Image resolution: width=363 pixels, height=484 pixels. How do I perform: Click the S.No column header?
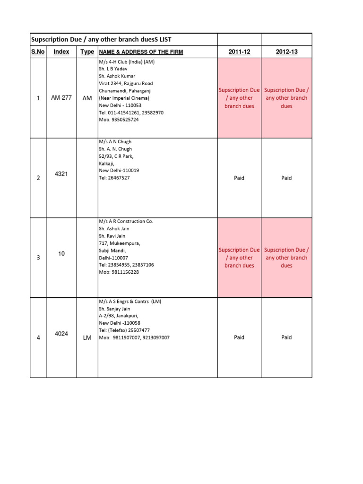pyautogui.click(x=38, y=52)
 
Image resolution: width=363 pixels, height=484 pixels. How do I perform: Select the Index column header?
pyautogui.click(x=61, y=52)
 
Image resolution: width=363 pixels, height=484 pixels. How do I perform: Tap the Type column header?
pyautogui.click(x=87, y=52)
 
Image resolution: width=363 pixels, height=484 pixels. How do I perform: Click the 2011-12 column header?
pyautogui.click(x=239, y=52)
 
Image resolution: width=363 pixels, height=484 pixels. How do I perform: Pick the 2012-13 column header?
pyautogui.click(x=286, y=52)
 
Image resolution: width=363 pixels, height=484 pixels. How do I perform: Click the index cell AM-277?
pyautogui.click(x=61, y=98)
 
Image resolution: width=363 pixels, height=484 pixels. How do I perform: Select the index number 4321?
pyautogui.click(x=61, y=174)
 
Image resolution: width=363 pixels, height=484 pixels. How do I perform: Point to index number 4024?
pyautogui.click(x=61, y=334)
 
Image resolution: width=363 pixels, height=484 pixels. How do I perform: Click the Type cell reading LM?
pyautogui.click(x=87, y=337)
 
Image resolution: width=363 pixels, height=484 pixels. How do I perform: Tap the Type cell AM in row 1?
pyautogui.click(x=87, y=98)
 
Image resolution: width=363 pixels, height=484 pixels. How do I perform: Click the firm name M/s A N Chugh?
pyautogui.click(x=115, y=142)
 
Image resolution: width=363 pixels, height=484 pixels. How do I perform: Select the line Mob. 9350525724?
pyautogui.click(x=119, y=120)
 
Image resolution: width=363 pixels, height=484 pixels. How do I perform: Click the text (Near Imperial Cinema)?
pyautogui.click(x=124, y=98)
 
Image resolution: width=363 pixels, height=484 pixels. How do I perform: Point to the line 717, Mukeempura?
pyautogui.click(x=119, y=243)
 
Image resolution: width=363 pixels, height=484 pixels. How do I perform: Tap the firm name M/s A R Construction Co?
pyautogui.click(x=126, y=221)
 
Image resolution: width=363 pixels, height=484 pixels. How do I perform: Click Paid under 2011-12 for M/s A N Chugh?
pyautogui.click(x=239, y=178)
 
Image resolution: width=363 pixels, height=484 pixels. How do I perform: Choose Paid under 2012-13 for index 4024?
pyautogui.click(x=286, y=337)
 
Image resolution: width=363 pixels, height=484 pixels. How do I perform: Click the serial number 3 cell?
pyautogui.click(x=38, y=258)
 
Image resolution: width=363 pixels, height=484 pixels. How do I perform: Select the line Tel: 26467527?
pyautogui.click(x=114, y=178)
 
